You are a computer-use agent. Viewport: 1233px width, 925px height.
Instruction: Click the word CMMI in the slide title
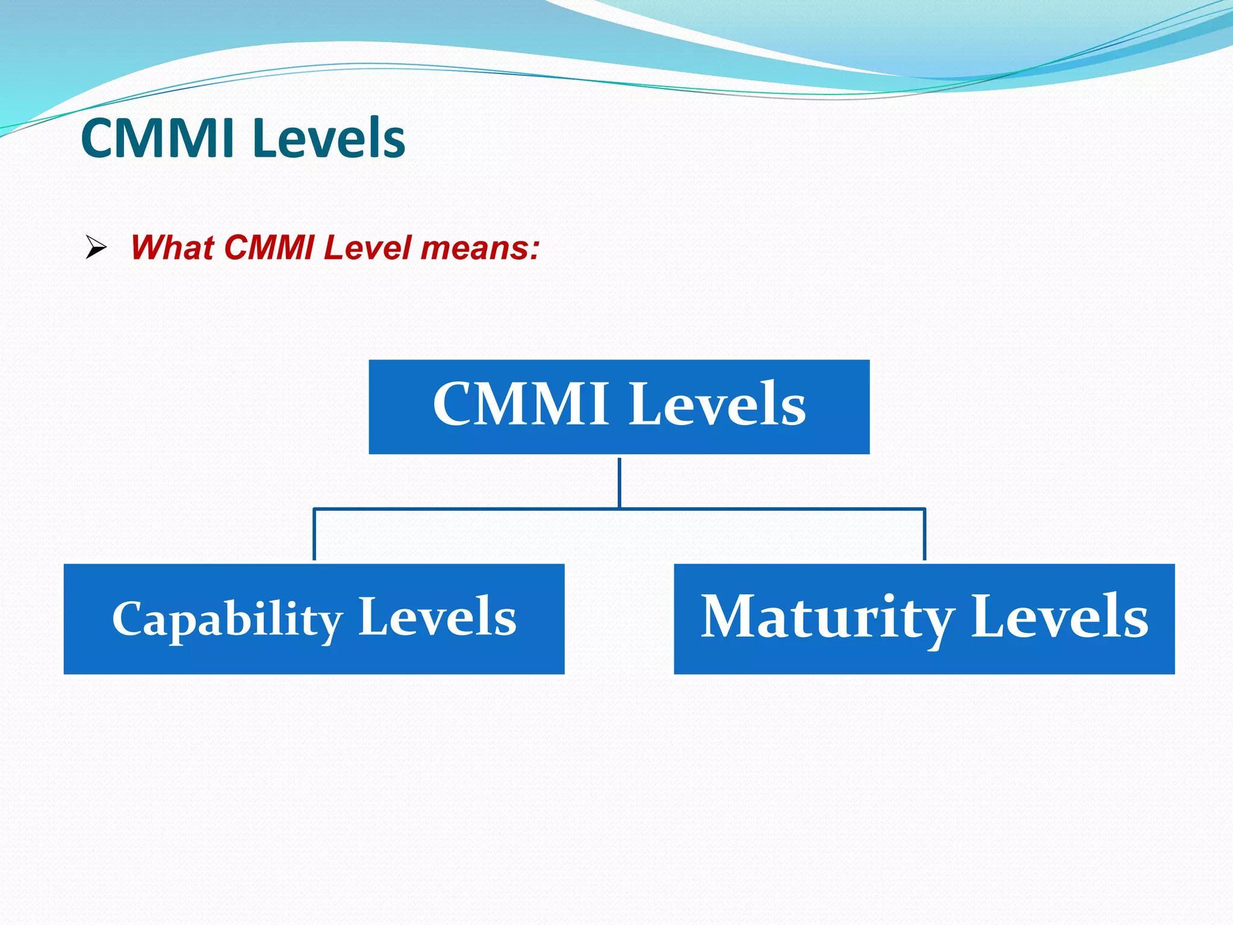coord(157,139)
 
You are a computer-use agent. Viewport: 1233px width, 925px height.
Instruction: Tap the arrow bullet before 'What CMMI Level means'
coord(96,247)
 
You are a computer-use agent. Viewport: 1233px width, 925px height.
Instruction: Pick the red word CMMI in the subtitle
coord(269,248)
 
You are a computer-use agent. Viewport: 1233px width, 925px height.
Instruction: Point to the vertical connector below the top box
coord(619,482)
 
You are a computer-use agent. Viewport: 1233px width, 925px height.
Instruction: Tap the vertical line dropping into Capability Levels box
coord(314,535)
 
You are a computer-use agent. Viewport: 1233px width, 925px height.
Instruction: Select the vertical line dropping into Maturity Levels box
coord(924,535)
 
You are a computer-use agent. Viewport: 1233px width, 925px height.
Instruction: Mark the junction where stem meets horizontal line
coord(619,509)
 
